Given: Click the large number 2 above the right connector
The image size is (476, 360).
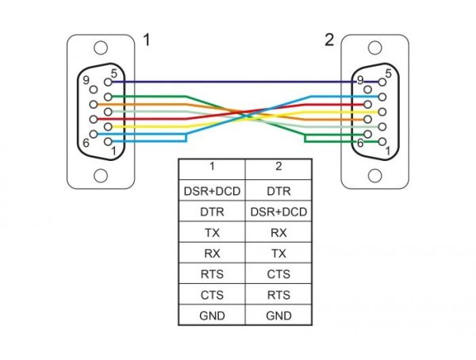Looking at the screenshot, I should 329,40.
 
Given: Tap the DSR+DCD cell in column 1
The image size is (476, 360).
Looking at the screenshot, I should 212,191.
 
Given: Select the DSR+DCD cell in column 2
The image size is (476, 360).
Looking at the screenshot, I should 278,212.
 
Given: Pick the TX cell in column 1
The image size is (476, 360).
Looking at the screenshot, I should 212,232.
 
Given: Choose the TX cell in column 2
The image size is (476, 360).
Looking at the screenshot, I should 278,253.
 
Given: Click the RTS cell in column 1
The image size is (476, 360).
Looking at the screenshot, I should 212,274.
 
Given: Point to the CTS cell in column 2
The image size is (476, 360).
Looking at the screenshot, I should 278,274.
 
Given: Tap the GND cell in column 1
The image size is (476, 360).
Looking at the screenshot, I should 212,316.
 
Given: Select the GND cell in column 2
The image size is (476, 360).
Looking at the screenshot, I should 278,316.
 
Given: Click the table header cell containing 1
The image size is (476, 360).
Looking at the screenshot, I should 212,167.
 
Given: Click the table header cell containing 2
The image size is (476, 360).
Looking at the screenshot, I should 278,167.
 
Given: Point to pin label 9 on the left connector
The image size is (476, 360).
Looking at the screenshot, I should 83,79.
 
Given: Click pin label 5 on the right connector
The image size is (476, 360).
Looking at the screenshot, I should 388,74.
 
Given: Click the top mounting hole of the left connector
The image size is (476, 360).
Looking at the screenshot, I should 99,48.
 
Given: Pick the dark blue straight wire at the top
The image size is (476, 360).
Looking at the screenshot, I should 238,81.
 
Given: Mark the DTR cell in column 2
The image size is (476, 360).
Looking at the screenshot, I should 278,191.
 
